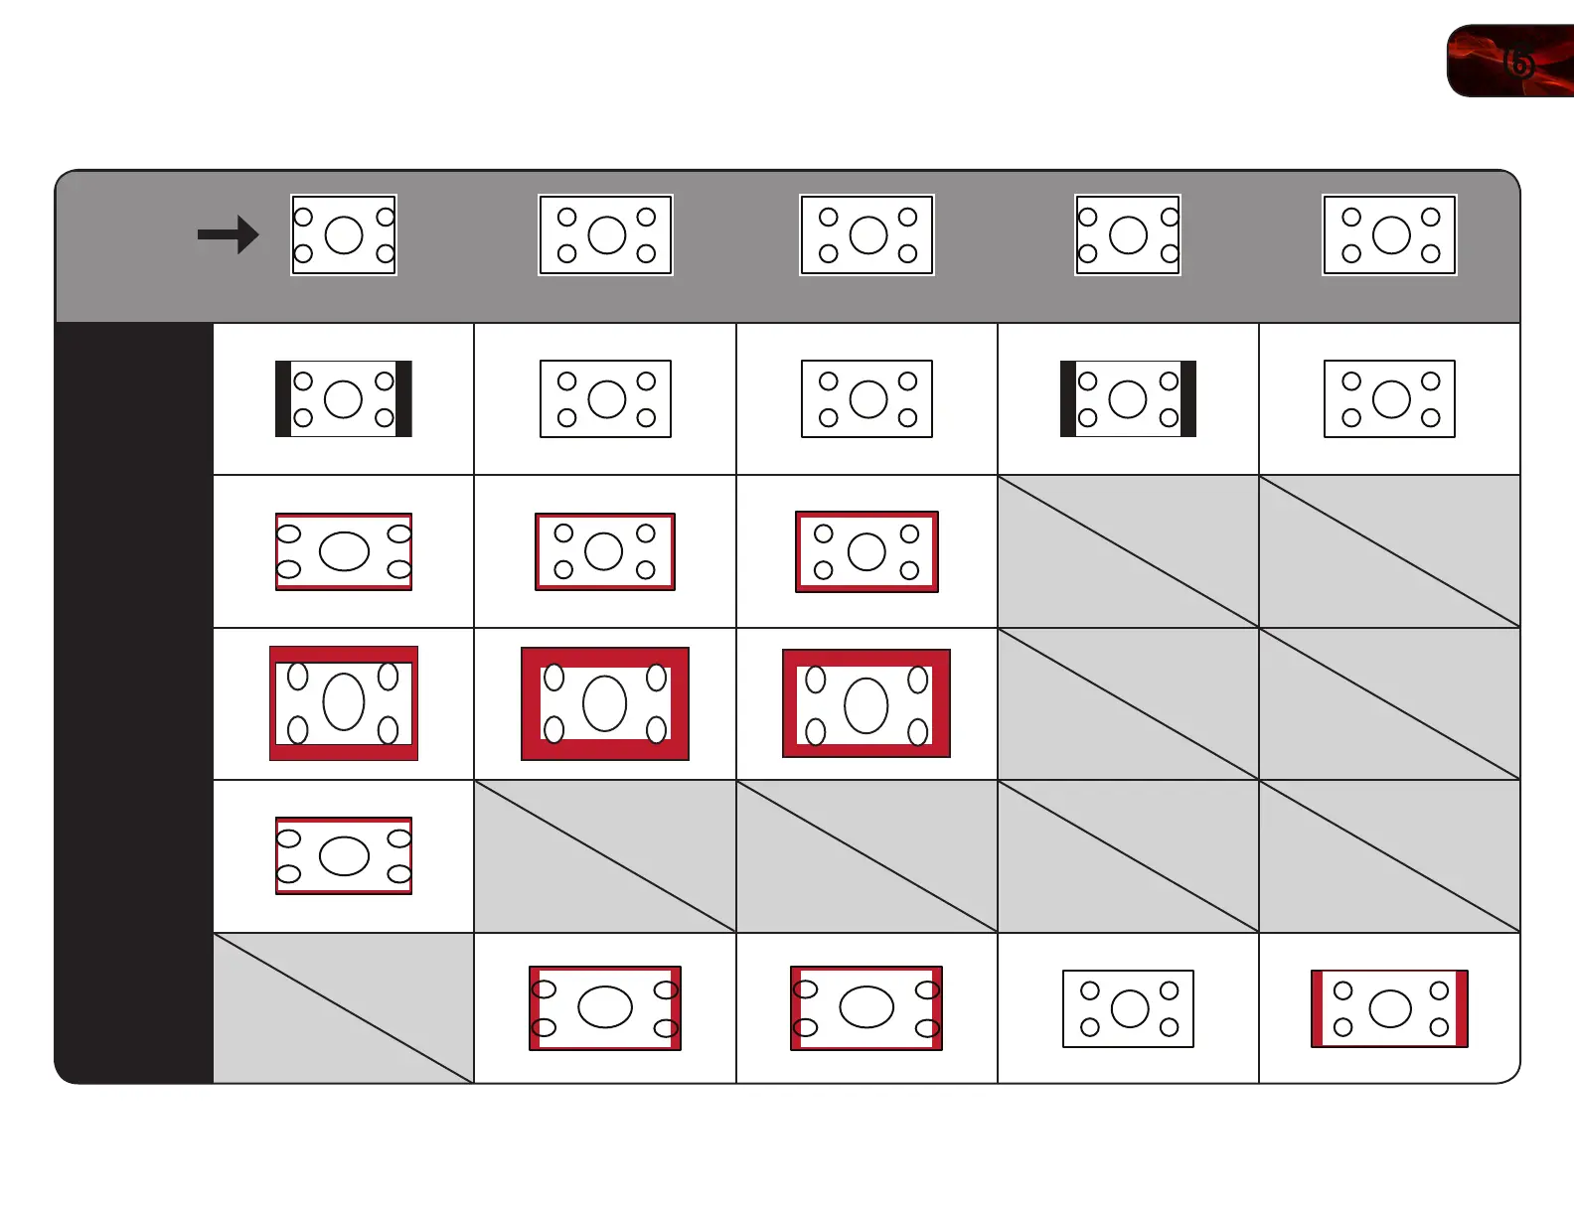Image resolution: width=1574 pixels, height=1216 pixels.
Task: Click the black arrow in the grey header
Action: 228,235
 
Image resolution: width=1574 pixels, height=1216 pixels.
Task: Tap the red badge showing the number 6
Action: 1510,62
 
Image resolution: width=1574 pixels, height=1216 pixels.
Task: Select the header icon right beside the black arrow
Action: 344,235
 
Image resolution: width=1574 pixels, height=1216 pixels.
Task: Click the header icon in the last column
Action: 1389,235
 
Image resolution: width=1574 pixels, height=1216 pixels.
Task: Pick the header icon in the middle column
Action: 866,235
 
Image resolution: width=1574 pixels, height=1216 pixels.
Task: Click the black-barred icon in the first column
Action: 344,399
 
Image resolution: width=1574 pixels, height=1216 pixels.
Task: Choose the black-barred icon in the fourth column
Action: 1128,399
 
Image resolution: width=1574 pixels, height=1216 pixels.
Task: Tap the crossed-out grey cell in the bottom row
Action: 344,1007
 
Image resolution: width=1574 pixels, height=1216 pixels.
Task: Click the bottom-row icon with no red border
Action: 1128,1008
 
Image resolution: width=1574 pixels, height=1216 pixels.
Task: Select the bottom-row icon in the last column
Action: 1389,1008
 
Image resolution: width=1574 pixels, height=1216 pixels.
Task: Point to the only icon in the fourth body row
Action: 344,855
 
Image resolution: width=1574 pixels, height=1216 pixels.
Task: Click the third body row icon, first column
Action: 344,703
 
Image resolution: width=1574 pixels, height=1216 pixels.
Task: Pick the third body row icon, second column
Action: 605,703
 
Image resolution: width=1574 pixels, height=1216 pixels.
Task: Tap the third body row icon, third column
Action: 866,703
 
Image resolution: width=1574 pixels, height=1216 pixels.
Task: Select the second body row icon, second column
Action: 605,551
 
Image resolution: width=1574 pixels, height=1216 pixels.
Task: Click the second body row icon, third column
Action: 866,551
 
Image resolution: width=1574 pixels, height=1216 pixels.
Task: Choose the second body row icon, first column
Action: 344,551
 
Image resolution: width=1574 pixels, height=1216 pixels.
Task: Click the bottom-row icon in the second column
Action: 605,1008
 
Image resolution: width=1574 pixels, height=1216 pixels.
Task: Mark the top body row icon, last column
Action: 1389,399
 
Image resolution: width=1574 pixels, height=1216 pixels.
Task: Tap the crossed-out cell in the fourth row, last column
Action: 1389,855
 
